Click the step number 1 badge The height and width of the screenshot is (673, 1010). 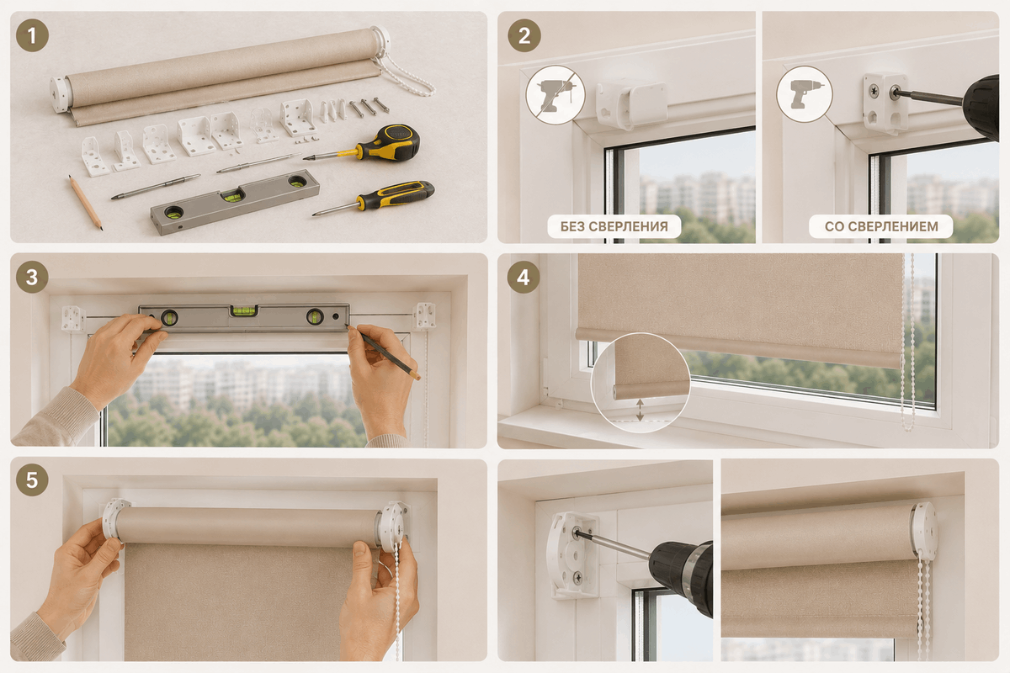(32, 35)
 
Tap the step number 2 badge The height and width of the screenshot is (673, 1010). (524, 35)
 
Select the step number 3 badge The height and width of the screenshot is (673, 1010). (32, 277)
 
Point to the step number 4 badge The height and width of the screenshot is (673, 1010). (523, 277)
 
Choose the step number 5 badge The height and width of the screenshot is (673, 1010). (32, 480)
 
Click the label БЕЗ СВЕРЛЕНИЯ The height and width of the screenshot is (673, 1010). (614, 226)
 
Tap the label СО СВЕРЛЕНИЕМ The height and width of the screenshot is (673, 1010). (881, 226)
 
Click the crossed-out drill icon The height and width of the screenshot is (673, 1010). (555, 95)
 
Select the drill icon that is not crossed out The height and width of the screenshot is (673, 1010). (805, 94)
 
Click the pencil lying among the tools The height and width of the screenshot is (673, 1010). (86, 203)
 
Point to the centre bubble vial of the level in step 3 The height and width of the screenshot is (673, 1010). (243, 310)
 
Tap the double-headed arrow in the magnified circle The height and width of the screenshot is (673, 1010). (640, 410)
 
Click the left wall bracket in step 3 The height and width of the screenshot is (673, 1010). (73, 319)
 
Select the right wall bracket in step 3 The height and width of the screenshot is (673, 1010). (424, 316)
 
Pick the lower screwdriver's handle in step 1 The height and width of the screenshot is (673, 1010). (396, 194)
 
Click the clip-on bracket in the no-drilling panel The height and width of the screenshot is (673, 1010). (631, 104)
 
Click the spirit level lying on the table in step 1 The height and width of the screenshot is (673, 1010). (235, 202)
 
